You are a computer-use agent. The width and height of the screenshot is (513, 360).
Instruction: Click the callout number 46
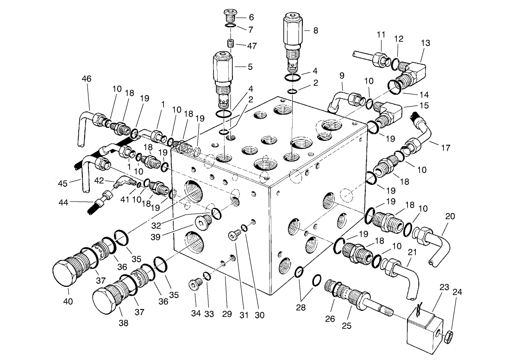[x=87, y=79]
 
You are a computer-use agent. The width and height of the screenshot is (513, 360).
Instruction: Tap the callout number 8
[x=315, y=31]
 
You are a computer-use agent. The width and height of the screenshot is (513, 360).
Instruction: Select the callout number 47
[x=252, y=46]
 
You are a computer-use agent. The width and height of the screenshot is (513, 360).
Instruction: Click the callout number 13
[x=425, y=43]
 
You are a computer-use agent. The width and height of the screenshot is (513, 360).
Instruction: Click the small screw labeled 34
[x=195, y=284]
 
